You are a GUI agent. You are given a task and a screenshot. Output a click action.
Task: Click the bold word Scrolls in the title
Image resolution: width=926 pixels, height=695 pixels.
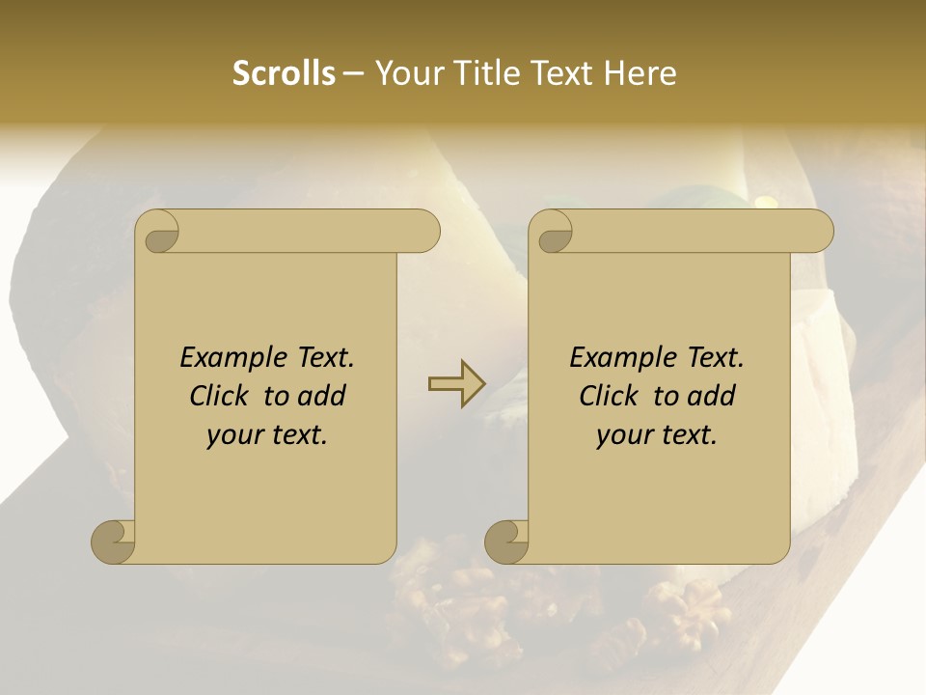tap(284, 73)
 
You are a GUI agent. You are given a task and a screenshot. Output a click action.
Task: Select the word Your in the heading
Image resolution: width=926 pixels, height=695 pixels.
tap(406, 73)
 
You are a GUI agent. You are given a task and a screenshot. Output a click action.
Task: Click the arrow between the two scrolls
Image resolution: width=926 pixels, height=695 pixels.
tap(456, 383)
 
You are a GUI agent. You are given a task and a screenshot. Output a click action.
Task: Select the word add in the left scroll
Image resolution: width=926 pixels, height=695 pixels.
tap(322, 396)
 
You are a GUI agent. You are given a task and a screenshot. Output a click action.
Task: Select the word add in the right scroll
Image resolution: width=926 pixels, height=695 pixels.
tap(712, 396)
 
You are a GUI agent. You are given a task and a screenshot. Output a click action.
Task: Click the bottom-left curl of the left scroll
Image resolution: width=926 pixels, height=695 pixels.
tap(113, 541)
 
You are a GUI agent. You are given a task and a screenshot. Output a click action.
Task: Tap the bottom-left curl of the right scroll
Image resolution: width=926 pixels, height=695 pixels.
tap(506, 541)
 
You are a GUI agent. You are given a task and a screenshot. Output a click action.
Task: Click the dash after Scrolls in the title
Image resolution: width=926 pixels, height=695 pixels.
tap(353, 73)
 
